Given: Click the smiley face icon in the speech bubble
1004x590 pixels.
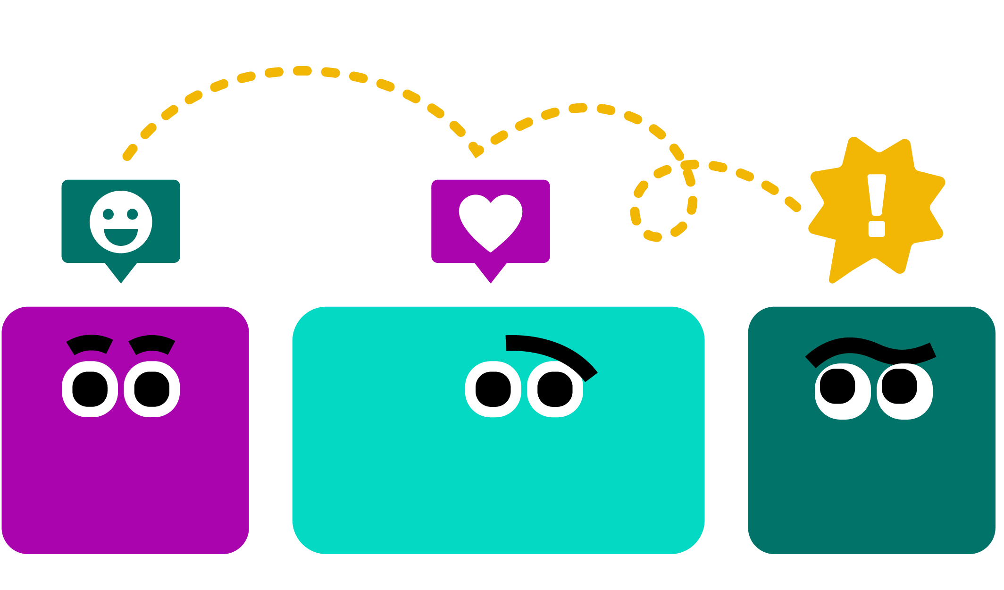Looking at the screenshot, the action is (x=121, y=221).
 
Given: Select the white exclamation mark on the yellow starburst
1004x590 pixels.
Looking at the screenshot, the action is (x=877, y=198).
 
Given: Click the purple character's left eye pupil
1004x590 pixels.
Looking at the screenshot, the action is (x=90, y=389).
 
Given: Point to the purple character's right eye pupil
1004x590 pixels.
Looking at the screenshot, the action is (x=152, y=389).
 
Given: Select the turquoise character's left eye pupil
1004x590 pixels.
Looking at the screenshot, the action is (x=493, y=389).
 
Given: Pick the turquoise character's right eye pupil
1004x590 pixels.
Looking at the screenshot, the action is (x=555, y=389).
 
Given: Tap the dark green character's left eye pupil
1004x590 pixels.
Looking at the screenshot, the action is (x=837, y=386).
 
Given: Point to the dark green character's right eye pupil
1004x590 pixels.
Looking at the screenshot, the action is (x=899, y=386).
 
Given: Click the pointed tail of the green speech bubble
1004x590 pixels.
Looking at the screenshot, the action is (x=121, y=274).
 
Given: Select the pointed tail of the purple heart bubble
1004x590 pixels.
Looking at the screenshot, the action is (x=491, y=274).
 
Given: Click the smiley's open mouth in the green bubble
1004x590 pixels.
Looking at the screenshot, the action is (x=121, y=236).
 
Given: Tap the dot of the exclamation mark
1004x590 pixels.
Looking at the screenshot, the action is (x=877, y=228).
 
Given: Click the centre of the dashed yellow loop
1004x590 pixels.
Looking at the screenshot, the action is (x=663, y=203).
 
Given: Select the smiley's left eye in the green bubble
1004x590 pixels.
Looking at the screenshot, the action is (x=109, y=214).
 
